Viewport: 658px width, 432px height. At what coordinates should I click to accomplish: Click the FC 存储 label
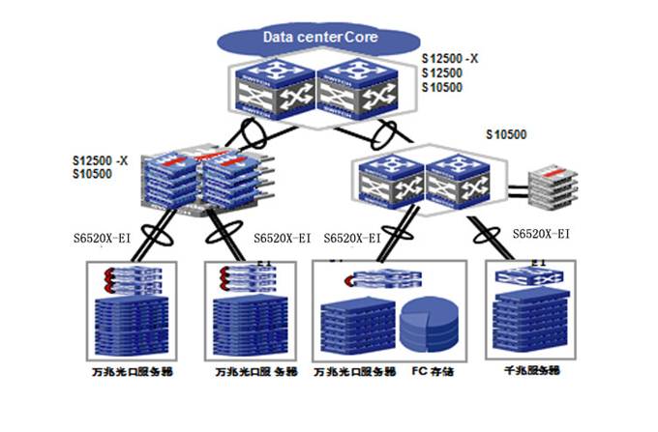pyautogui.click(x=433, y=371)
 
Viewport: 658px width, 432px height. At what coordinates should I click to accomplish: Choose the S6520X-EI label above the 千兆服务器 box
pyautogui.click(x=540, y=233)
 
